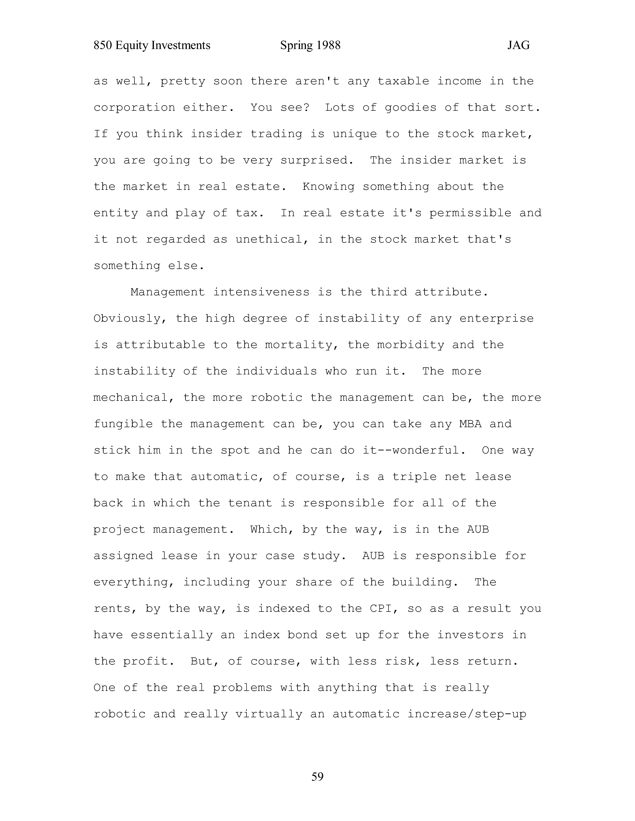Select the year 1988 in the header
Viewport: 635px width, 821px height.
(328, 46)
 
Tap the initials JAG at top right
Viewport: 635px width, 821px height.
(518, 46)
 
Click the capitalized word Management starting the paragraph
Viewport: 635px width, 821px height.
(168, 292)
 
